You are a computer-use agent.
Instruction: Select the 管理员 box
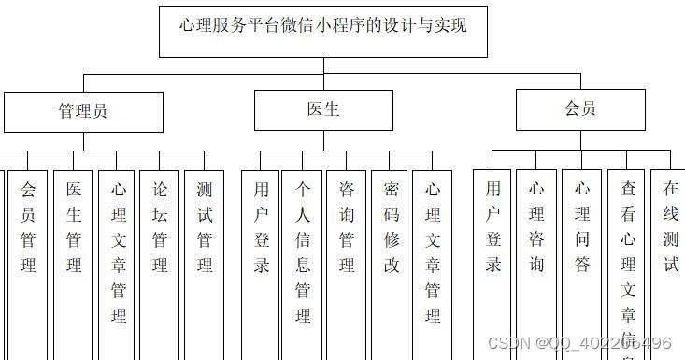(x=83, y=111)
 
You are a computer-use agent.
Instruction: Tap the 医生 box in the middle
(x=323, y=109)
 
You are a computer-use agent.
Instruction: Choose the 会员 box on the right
(x=580, y=109)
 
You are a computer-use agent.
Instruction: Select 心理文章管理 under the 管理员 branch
(x=119, y=252)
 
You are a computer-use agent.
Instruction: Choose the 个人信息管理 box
(x=303, y=252)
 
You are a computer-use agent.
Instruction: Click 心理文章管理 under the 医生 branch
(x=433, y=252)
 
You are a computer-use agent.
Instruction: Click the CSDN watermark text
(x=580, y=344)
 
